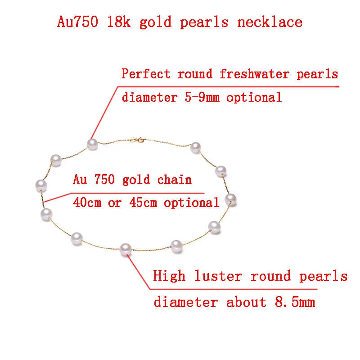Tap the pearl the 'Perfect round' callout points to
pos(92,144)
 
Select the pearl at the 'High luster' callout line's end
pos(126,248)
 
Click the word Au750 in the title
pos(77,22)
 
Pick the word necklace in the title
pos(270,22)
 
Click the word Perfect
pos(146,74)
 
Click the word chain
pos(174,180)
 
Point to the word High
pos(169,276)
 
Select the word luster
pos(219,276)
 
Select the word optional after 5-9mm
pos(254,97)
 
